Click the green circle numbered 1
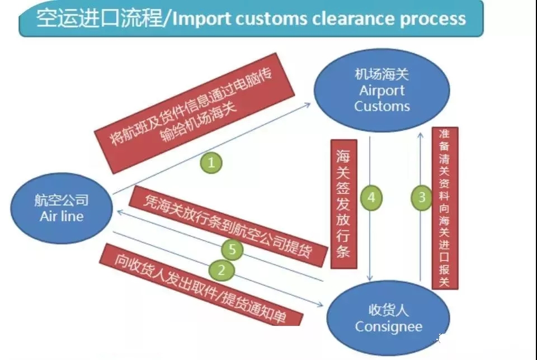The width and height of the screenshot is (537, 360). click(211, 163)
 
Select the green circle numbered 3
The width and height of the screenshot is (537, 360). click(422, 197)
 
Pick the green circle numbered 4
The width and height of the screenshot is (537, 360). click(371, 197)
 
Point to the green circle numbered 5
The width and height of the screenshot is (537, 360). click(232, 249)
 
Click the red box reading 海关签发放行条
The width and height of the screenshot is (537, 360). click(343, 203)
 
